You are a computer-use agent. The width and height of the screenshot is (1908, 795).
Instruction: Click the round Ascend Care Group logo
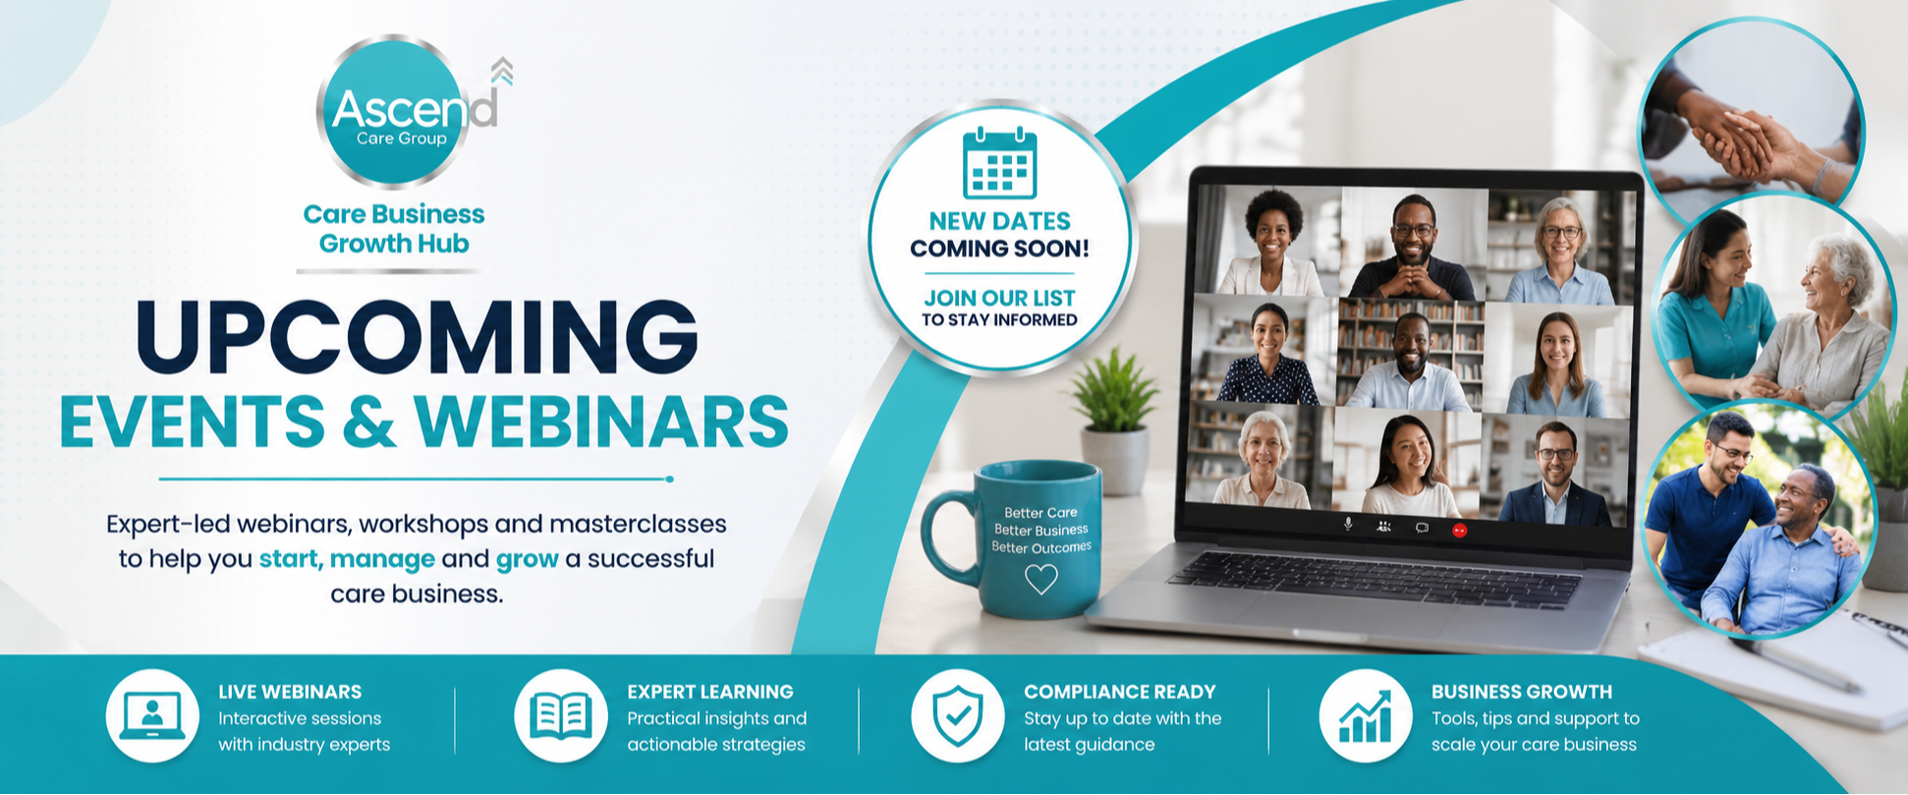(x=394, y=111)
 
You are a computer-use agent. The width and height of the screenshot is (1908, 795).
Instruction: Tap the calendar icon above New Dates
(x=999, y=162)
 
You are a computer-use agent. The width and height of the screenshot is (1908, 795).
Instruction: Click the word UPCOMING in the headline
(x=417, y=337)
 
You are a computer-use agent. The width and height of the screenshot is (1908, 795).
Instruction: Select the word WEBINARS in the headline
(x=600, y=422)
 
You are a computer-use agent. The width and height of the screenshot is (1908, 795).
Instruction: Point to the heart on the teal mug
(x=1040, y=579)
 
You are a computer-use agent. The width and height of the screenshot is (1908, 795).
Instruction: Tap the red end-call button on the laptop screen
(x=1459, y=530)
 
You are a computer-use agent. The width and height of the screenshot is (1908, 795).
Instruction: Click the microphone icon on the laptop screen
(x=1348, y=525)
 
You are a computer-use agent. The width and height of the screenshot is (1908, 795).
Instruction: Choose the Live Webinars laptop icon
(x=152, y=716)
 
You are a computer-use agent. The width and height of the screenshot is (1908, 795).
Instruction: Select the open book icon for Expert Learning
(x=560, y=716)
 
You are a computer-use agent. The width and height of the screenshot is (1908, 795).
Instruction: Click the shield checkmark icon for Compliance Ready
(x=957, y=715)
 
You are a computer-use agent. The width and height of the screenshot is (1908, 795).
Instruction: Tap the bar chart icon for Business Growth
(x=1366, y=716)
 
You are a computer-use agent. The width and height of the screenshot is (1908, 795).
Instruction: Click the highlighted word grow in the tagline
(x=527, y=559)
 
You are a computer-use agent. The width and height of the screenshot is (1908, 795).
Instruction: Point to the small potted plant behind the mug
(x=1114, y=419)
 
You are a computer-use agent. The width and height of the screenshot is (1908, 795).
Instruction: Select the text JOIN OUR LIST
(x=999, y=298)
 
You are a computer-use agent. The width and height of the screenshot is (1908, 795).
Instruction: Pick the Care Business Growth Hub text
(x=394, y=229)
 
